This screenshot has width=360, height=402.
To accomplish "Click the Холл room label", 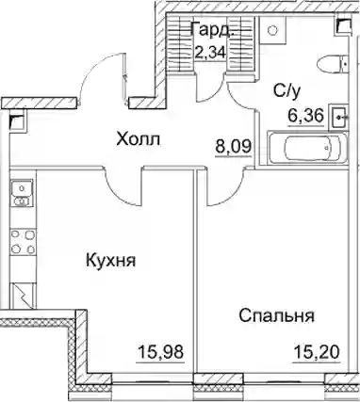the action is pyautogui.click(x=138, y=139).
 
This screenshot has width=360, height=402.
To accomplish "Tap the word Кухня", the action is pyautogui.click(x=111, y=261).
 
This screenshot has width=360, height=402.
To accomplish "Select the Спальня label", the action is pyautogui.click(x=276, y=316).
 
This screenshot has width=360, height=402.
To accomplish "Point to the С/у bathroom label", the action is pyautogui.click(x=286, y=91).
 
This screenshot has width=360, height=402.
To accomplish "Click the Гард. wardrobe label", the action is pyautogui.click(x=213, y=29).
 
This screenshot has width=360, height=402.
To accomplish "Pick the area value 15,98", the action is pyautogui.click(x=160, y=352).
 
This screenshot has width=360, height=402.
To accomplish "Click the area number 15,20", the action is pyautogui.click(x=317, y=352).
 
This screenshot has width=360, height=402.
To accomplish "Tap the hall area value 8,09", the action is pyautogui.click(x=233, y=146).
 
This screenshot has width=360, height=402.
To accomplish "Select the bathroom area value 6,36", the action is pyautogui.click(x=304, y=116).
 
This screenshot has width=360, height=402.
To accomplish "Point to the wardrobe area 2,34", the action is pyautogui.click(x=210, y=52).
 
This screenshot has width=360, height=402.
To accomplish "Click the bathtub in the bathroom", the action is pyautogui.click(x=307, y=148).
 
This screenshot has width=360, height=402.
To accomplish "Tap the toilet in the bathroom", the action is pyautogui.click(x=333, y=64).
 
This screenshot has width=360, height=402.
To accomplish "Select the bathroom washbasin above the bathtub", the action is pyautogui.click(x=338, y=118).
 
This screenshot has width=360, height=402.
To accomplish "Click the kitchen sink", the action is pyautogui.click(x=22, y=193).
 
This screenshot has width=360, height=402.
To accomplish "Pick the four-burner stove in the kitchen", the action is pyautogui.click(x=23, y=242).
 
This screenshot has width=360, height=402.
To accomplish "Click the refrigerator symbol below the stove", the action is pyautogui.click(x=23, y=296).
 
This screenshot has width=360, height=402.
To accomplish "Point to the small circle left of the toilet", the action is pyautogui.click(x=272, y=30).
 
